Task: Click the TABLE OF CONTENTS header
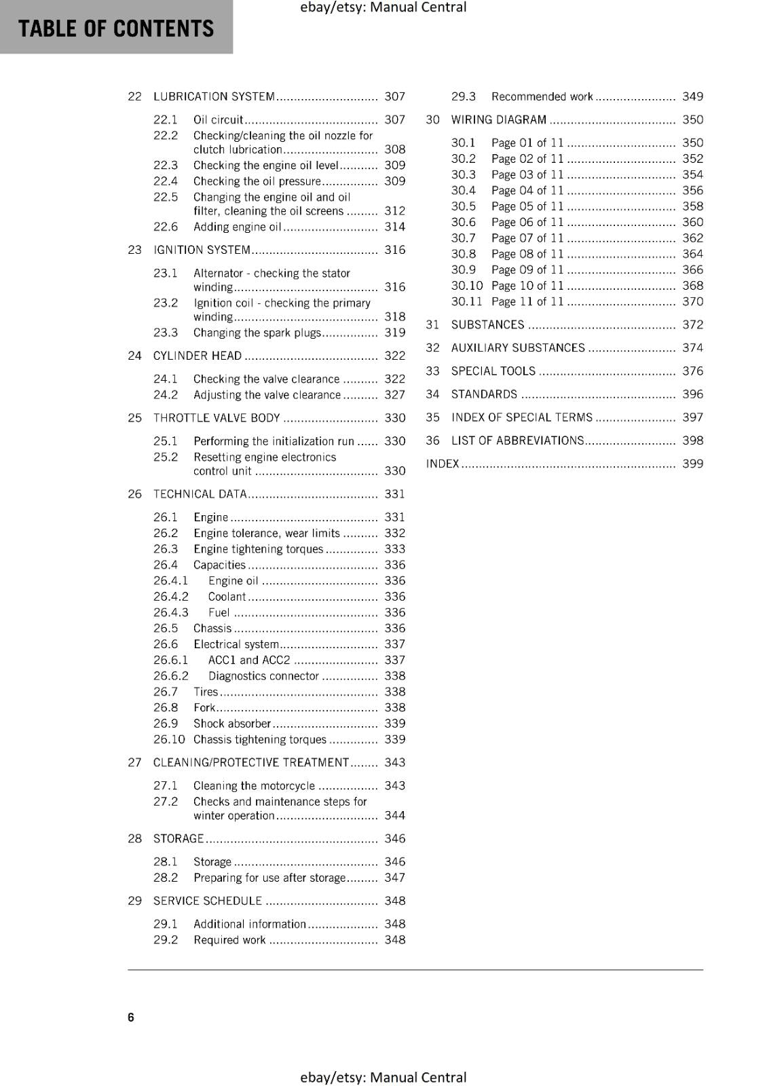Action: tap(115, 29)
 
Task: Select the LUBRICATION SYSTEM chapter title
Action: tap(214, 96)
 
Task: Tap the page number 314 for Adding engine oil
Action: tap(394, 227)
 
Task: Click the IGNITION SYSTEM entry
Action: tap(202, 250)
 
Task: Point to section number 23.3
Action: tap(165, 333)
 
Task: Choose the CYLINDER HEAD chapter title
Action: tap(197, 356)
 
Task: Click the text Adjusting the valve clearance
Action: tap(267, 395)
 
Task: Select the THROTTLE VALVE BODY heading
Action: tap(217, 418)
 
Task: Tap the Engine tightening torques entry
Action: tap(258, 549)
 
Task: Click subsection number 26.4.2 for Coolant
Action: tap(170, 597)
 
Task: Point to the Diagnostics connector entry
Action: tap(263, 676)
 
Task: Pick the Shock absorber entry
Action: tap(232, 724)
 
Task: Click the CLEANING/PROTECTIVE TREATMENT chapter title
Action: tap(251, 762)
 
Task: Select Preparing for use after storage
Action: tap(269, 878)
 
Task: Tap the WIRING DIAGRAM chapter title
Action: tap(498, 119)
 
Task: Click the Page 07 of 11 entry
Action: tap(527, 238)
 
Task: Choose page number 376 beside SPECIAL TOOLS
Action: tap(692, 371)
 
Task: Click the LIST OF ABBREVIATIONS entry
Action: tap(517, 441)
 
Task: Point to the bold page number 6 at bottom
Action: tap(131, 1017)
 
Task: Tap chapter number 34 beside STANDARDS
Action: tap(432, 394)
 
